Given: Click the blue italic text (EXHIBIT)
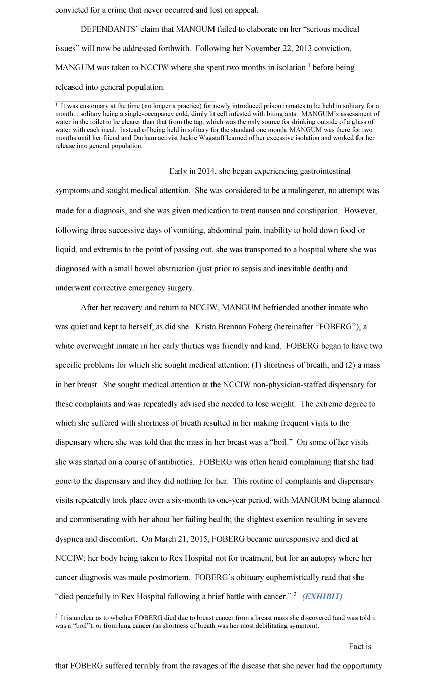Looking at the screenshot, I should point(322,597).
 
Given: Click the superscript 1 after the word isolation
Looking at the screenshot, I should point(309,65).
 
